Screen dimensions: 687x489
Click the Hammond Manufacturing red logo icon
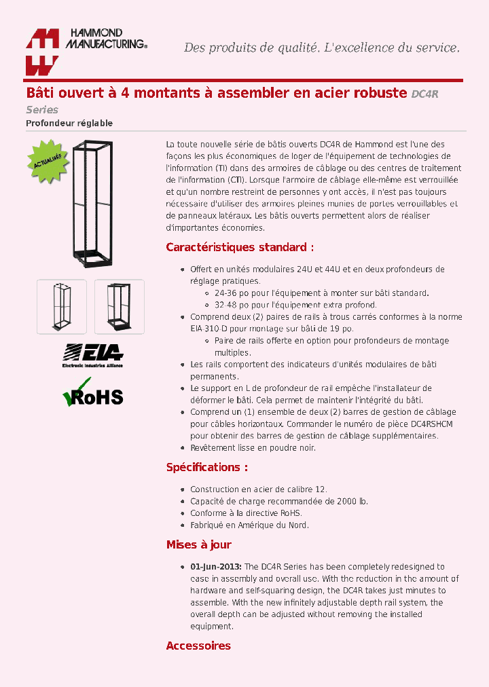tap(42, 52)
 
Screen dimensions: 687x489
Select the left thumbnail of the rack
tap(62, 306)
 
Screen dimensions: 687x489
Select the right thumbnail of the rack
tap(119, 306)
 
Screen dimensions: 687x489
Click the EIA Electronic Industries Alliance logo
tap(92, 356)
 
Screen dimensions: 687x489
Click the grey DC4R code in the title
tap(425, 94)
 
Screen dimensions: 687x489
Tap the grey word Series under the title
tap(42, 110)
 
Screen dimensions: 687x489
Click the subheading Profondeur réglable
tap(69, 123)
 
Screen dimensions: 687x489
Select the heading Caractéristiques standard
tap(240, 247)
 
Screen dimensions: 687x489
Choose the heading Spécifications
tap(206, 467)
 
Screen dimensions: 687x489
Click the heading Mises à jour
tap(198, 544)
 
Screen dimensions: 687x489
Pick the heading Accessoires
tap(198, 646)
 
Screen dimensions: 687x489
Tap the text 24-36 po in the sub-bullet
tap(231, 293)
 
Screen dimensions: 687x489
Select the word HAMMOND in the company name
tap(94, 33)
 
